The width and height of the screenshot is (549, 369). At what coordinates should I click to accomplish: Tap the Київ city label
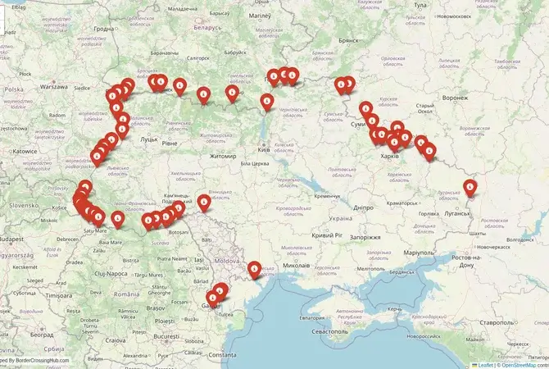(264, 150)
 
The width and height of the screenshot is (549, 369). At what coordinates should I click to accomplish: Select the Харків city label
(390, 156)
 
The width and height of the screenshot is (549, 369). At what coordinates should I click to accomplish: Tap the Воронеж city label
(455, 97)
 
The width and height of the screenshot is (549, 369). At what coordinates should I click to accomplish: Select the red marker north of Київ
(267, 102)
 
